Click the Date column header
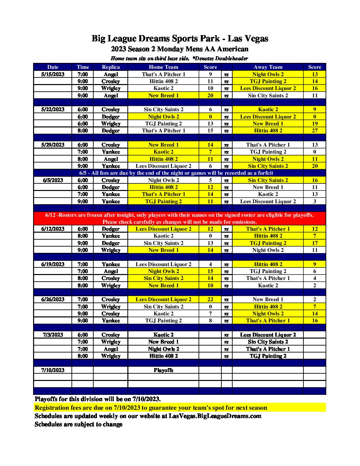[53, 67]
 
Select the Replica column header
[111, 67]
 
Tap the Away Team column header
[268, 67]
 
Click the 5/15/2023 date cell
[53, 74]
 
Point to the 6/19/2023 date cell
[53, 264]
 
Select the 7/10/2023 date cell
[53, 370]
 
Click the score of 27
[315, 130]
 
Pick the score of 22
[210, 299]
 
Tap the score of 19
[315, 123]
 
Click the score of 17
[315, 243]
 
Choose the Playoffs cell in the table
[163, 370]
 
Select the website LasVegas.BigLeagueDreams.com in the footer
[215, 416]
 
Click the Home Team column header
[163, 67]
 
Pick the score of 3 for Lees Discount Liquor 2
[315, 201]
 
